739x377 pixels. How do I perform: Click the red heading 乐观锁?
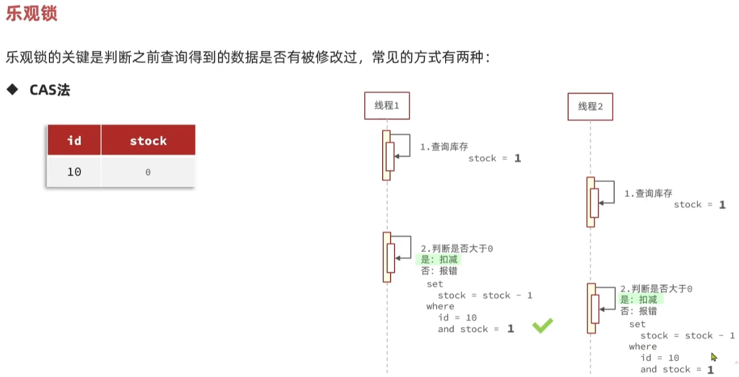click(x=31, y=13)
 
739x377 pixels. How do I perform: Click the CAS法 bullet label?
click(x=50, y=90)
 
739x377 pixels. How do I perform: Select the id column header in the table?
click(x=74, y=140)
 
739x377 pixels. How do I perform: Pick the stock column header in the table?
click(x=148, y=140)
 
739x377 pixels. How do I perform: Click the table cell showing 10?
click(x=74, y=172)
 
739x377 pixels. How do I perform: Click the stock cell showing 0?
click(x=148, y=172)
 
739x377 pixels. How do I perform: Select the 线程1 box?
click(x=387, y=105)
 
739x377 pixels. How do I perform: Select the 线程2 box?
click(x=590, y=106)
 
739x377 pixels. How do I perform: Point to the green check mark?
click(x=542, y=325)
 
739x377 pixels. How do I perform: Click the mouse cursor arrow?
click(x=714, y=357)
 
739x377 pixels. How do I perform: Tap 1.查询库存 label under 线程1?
click(x=444, y=147)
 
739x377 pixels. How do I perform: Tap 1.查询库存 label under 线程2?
click(x=649, y=193)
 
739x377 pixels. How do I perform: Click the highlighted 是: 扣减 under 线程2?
click(x=638, y=299)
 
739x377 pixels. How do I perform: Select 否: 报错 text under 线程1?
click(x=439, y=271)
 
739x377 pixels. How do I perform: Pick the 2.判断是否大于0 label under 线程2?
click(x=656, y=288)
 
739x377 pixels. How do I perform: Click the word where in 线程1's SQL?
click(x=440, y=306)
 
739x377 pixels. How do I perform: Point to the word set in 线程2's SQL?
click(x=637, y=324)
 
